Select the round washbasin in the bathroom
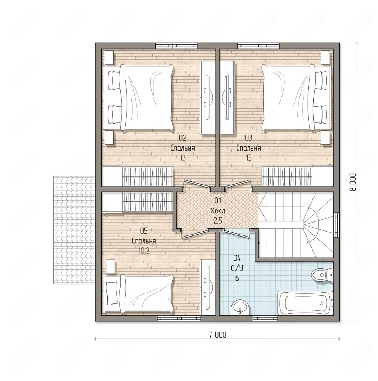tap(240, 309)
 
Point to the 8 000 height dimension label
tap(353, 182)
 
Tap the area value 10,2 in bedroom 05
tap(144, 251)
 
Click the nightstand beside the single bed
tap(111, 267)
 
